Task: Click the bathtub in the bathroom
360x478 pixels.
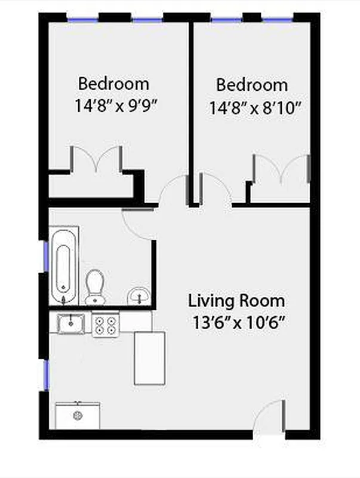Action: [64, 265]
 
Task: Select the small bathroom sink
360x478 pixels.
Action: [139, 295]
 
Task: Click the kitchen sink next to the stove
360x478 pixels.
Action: [71, 324]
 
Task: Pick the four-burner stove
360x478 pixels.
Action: [106, 324]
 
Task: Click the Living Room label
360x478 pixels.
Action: [236, 300]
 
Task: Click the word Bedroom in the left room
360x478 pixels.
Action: [113, 83]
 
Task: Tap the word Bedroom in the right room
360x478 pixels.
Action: [251, 85]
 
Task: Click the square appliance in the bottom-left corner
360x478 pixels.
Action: [77, 415]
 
